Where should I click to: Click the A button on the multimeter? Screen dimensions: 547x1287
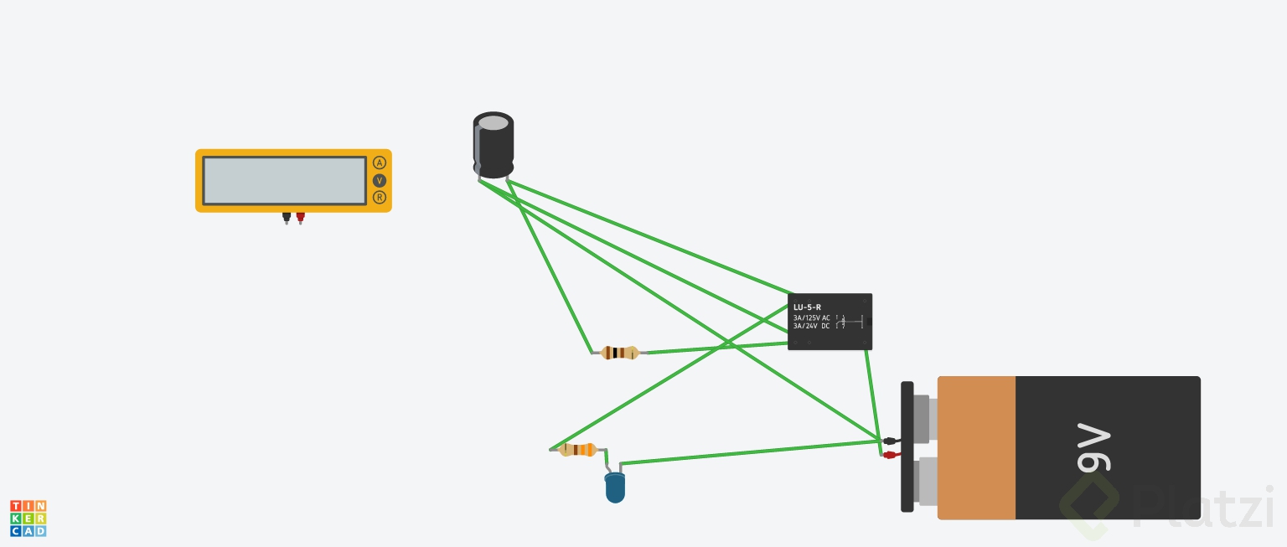coord(380,163)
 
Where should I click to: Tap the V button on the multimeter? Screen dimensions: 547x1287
coord(380,181)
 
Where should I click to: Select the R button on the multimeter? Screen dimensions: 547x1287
coord(380,198)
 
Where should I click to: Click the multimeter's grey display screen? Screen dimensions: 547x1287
coord(285,180)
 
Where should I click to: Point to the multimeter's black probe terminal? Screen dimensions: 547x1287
coord(287,217)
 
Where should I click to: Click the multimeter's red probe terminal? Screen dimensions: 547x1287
coord(300,217)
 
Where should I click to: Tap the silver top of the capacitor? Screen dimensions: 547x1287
coord(494,123)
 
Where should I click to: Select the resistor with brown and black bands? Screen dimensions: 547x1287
coord(620,353)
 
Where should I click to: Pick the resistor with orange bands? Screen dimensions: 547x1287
coord(578,450)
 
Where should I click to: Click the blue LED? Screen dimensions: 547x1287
coord(615,488)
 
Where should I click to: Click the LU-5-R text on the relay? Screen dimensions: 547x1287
coord(808,307)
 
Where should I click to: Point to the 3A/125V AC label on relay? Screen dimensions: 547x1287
coord(812,317)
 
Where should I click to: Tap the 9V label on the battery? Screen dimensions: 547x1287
coord(1093,448)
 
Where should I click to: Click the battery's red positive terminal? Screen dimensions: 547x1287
coord(891,455)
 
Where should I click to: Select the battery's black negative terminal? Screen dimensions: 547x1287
coord(890,441)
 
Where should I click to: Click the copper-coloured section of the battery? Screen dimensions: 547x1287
coord(976,447)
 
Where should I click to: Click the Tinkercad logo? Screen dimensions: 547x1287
coord(28,519)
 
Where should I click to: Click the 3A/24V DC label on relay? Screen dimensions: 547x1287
coord(812,326)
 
